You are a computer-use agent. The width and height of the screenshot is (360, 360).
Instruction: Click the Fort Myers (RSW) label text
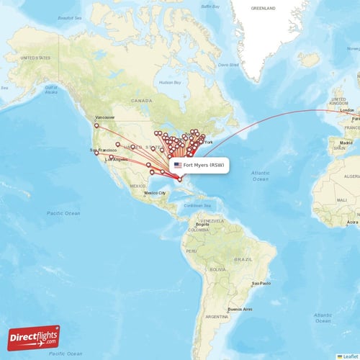(x=204, y=165)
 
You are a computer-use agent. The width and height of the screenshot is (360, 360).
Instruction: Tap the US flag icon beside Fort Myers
(x=177, y=165)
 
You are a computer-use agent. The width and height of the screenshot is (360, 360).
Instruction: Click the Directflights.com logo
(x=35, y=337)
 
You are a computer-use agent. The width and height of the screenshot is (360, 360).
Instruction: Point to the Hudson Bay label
(x=169, y=82)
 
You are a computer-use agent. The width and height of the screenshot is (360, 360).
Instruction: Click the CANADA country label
(x=140, y=101)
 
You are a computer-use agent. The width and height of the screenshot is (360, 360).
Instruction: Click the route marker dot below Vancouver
(x=96, y=126)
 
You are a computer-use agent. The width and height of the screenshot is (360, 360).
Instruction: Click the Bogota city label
(x=202, y=225)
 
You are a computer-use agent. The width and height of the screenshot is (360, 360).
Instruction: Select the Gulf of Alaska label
(x=50, y=89)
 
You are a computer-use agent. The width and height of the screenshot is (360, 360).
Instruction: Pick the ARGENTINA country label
(x=216, y=317)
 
